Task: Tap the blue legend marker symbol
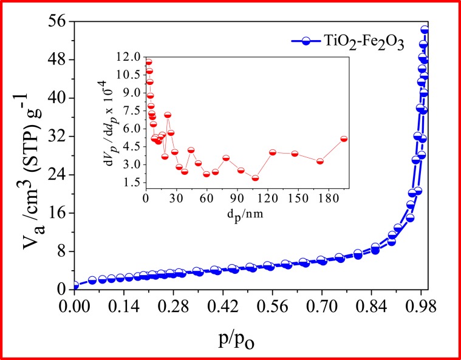click(x=307, y=41)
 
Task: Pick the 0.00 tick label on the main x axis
click(x=74, y=306)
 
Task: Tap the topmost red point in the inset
click(x=148, y=62)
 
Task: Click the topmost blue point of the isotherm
click(x=425, y=30)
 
